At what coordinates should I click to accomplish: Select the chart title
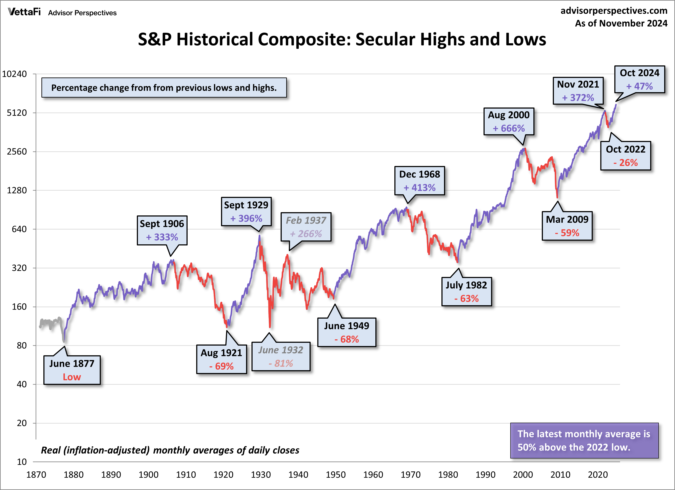point(342,39)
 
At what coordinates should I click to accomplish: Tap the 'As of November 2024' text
point(621,23)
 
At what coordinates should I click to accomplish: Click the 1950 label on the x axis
point(335,474)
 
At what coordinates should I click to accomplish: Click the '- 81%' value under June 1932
point(281,364)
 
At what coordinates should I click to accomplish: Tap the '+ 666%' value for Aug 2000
point(509,128)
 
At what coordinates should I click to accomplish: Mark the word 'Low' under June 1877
point(72,377)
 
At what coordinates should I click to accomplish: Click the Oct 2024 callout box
point(640,79)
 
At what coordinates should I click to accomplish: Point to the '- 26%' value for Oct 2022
point(626,163)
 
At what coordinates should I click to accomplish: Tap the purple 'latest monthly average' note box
point(584,441)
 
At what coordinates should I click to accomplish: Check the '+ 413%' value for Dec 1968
point(419,188)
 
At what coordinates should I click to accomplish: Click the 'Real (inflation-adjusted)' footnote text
point(170,450)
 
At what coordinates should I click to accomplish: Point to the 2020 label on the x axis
point(598,474)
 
